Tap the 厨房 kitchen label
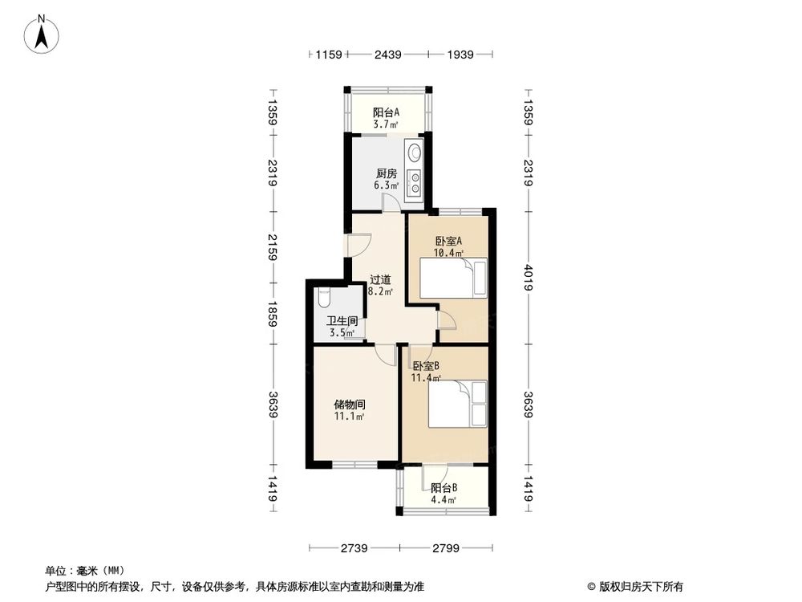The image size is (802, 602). point(387,173)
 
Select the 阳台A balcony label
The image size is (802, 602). point(387,112)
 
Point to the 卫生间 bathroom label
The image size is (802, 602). point(342,321)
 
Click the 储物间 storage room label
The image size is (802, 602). point(350,405)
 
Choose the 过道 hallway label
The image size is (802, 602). point(380,280)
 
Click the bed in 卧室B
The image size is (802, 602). point(457,405)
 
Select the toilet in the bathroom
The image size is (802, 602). point(324,297)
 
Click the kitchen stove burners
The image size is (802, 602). point(415,183)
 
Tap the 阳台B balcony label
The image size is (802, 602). point(444,487)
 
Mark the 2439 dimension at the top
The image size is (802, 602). point(390,55)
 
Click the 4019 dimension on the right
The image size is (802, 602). point(529,277)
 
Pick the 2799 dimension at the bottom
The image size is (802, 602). point(444,548)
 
